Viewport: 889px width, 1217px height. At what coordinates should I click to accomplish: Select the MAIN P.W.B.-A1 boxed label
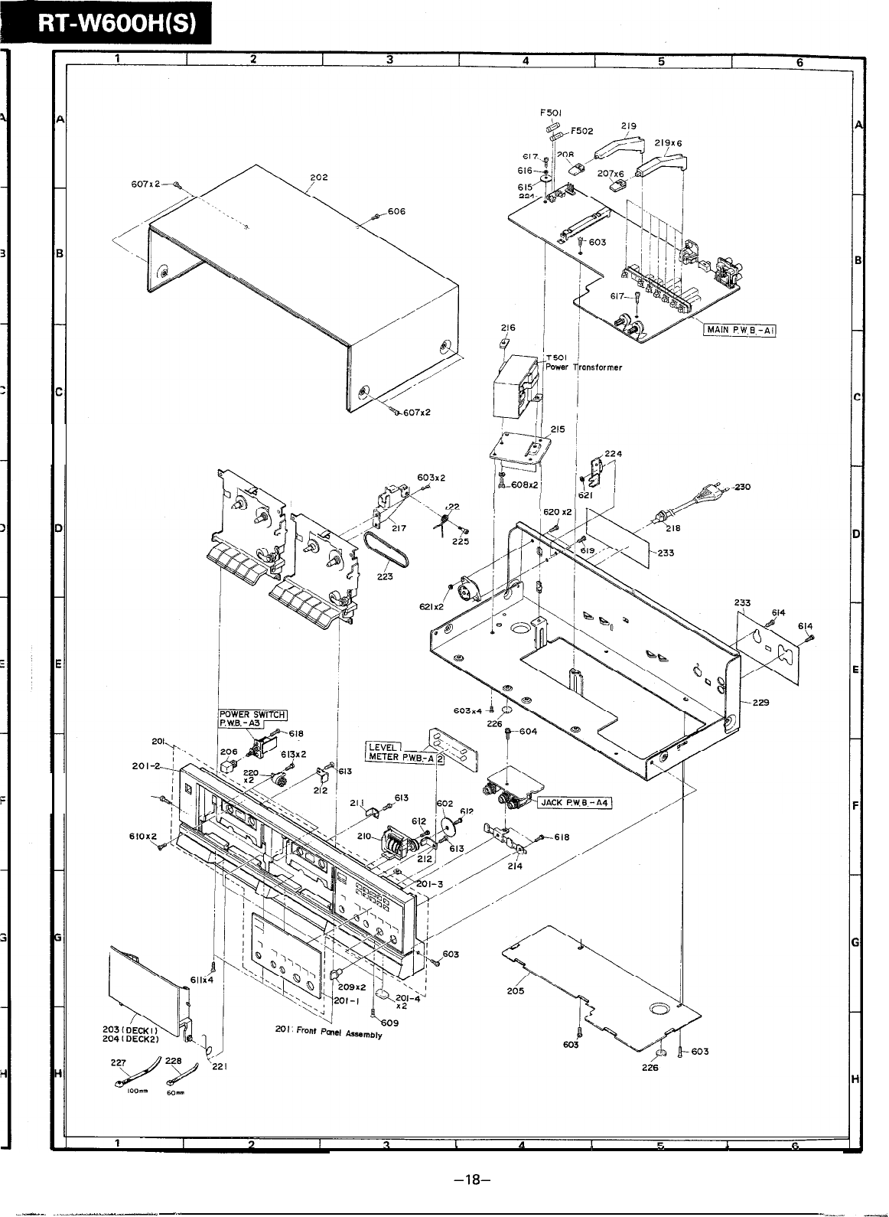[x=740, y=330]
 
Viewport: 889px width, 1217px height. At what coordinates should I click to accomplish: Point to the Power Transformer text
[x=584, y=367]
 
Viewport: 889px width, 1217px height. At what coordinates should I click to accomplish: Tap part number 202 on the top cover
[x=319, y=178]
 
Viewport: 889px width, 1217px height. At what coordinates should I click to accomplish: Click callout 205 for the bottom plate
[x=515, y=990]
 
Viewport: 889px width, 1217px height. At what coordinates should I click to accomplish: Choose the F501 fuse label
[x=551, y=113]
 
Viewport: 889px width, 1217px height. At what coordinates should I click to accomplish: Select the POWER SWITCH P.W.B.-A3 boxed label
[x=252, y=719]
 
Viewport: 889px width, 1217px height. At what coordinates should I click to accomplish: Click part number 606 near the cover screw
[x=396, y=211]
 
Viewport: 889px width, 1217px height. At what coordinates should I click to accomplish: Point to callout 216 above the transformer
[x=508, y=328]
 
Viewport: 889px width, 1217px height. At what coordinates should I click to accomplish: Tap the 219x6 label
[x=669, y=143]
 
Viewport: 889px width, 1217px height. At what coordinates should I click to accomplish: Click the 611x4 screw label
[x=202, y=979]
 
